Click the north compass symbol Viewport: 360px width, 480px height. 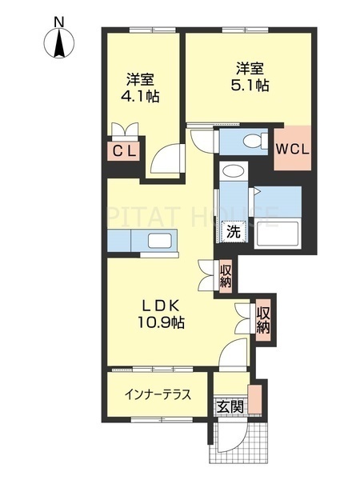(x=61, y=43)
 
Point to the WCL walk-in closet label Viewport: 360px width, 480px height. (x=293, y=148)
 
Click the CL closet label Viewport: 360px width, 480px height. (x=124, y=150)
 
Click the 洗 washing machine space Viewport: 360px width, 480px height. (x=233, y=232)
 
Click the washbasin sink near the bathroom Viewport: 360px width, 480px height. (x=234, y=172)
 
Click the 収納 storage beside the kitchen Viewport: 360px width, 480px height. (x=226, y=274)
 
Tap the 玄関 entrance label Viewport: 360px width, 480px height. (x=230, y=406)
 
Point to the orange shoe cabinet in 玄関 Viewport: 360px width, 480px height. (x=255, y=397)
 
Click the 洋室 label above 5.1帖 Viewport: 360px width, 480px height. (x=250, y=68)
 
